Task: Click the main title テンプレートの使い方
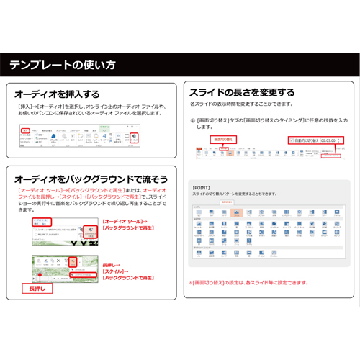[x=63, y=66]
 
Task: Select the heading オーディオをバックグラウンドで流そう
[x=91, y=179]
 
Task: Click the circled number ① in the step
[x=192, y=121]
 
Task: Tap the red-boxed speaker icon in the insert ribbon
[x=135, y=138]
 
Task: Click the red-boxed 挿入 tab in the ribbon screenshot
[x=25, y=130]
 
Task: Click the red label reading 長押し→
[x=114, y=264]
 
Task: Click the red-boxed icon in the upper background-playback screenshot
[x=90, y=232]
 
